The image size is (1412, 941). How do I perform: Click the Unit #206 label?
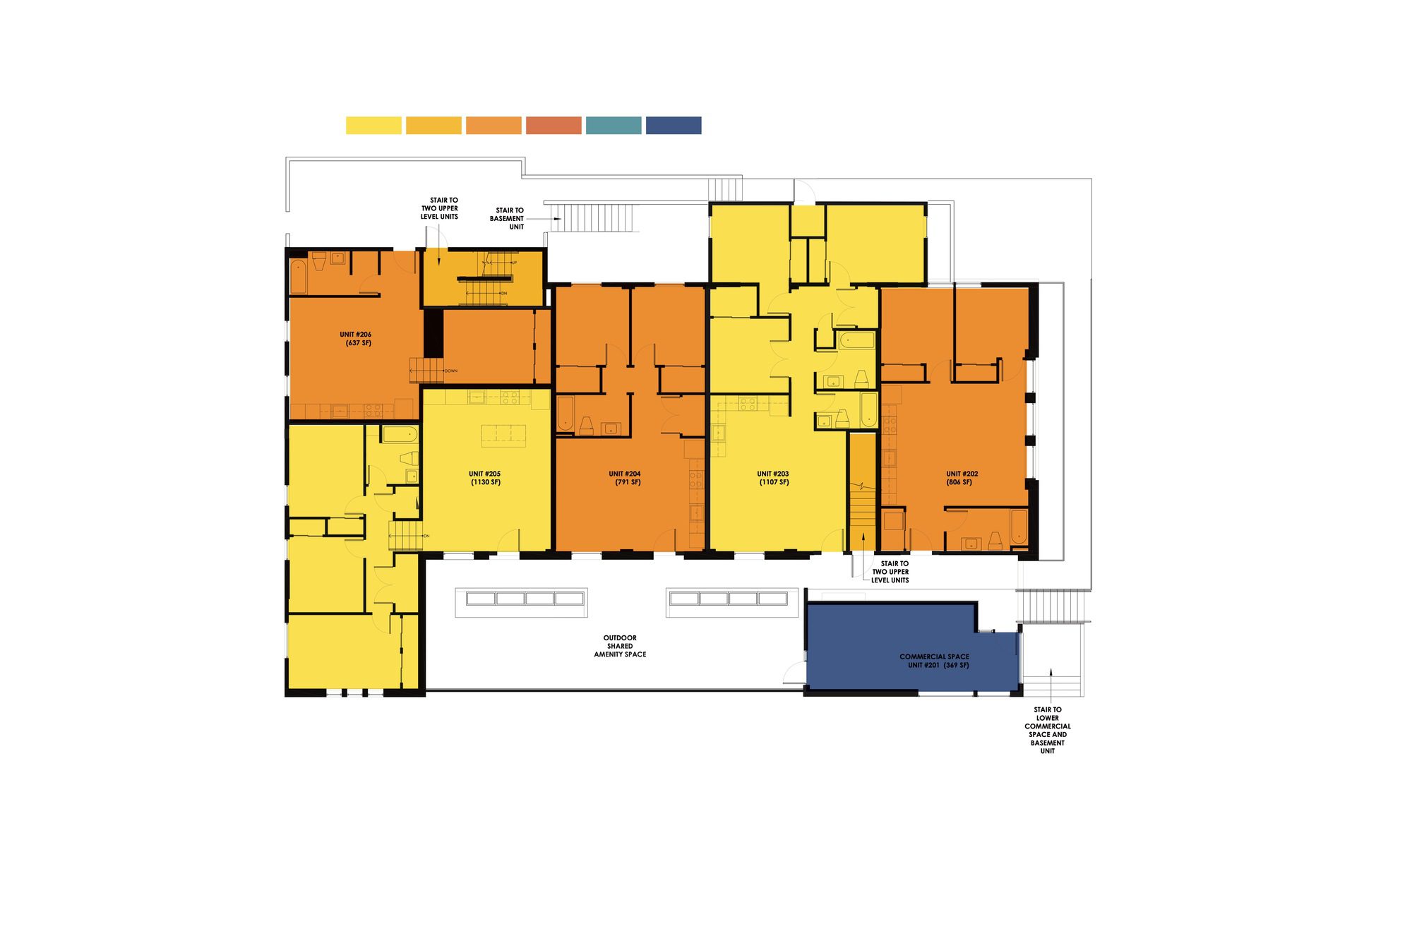tap(356, 339)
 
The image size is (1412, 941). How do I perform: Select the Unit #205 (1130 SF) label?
tap(485, 478)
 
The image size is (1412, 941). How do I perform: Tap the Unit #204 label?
tap(626, 478)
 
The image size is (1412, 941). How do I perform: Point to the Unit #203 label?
tap(773, 478)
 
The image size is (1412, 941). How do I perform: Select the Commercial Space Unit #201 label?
tap(934, 661)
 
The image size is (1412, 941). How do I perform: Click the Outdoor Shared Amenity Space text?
tap(620, 646)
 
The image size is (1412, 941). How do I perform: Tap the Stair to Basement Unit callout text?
tap(508, 218)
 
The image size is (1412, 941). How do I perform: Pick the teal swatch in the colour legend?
tap(614, 126)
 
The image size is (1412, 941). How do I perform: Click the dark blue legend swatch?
tap(674, 126)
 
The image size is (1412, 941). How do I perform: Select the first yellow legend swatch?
tap(373, 126)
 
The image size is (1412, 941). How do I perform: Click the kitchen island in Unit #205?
tap(504, 436)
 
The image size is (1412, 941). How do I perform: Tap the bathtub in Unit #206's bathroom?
tap(299, 276)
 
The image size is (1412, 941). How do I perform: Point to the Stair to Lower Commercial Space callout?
tap(1047, 730)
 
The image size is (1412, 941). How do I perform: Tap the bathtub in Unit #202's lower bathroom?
tap(1018, 527)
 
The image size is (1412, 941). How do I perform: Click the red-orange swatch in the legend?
tap(554, 126)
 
